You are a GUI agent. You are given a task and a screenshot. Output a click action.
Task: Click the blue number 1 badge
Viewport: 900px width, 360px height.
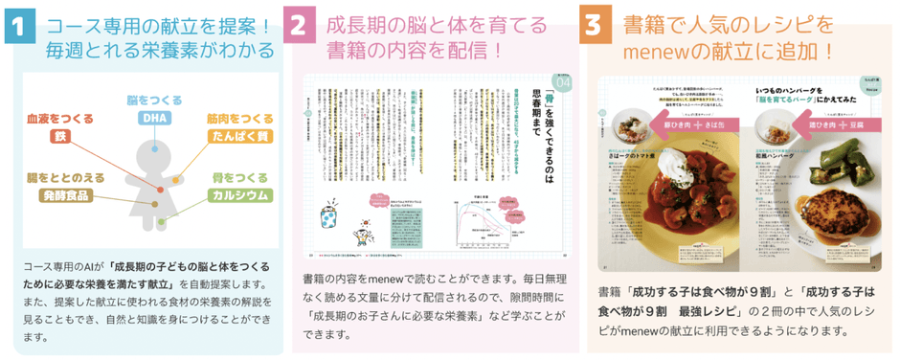(17, 27)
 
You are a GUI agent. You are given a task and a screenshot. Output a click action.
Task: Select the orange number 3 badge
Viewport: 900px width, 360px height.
(596, 27)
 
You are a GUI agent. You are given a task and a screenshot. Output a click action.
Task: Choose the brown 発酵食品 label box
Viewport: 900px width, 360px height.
(64, 195)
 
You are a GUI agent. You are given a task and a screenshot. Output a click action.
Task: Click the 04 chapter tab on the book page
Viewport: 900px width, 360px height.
(561, 82)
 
